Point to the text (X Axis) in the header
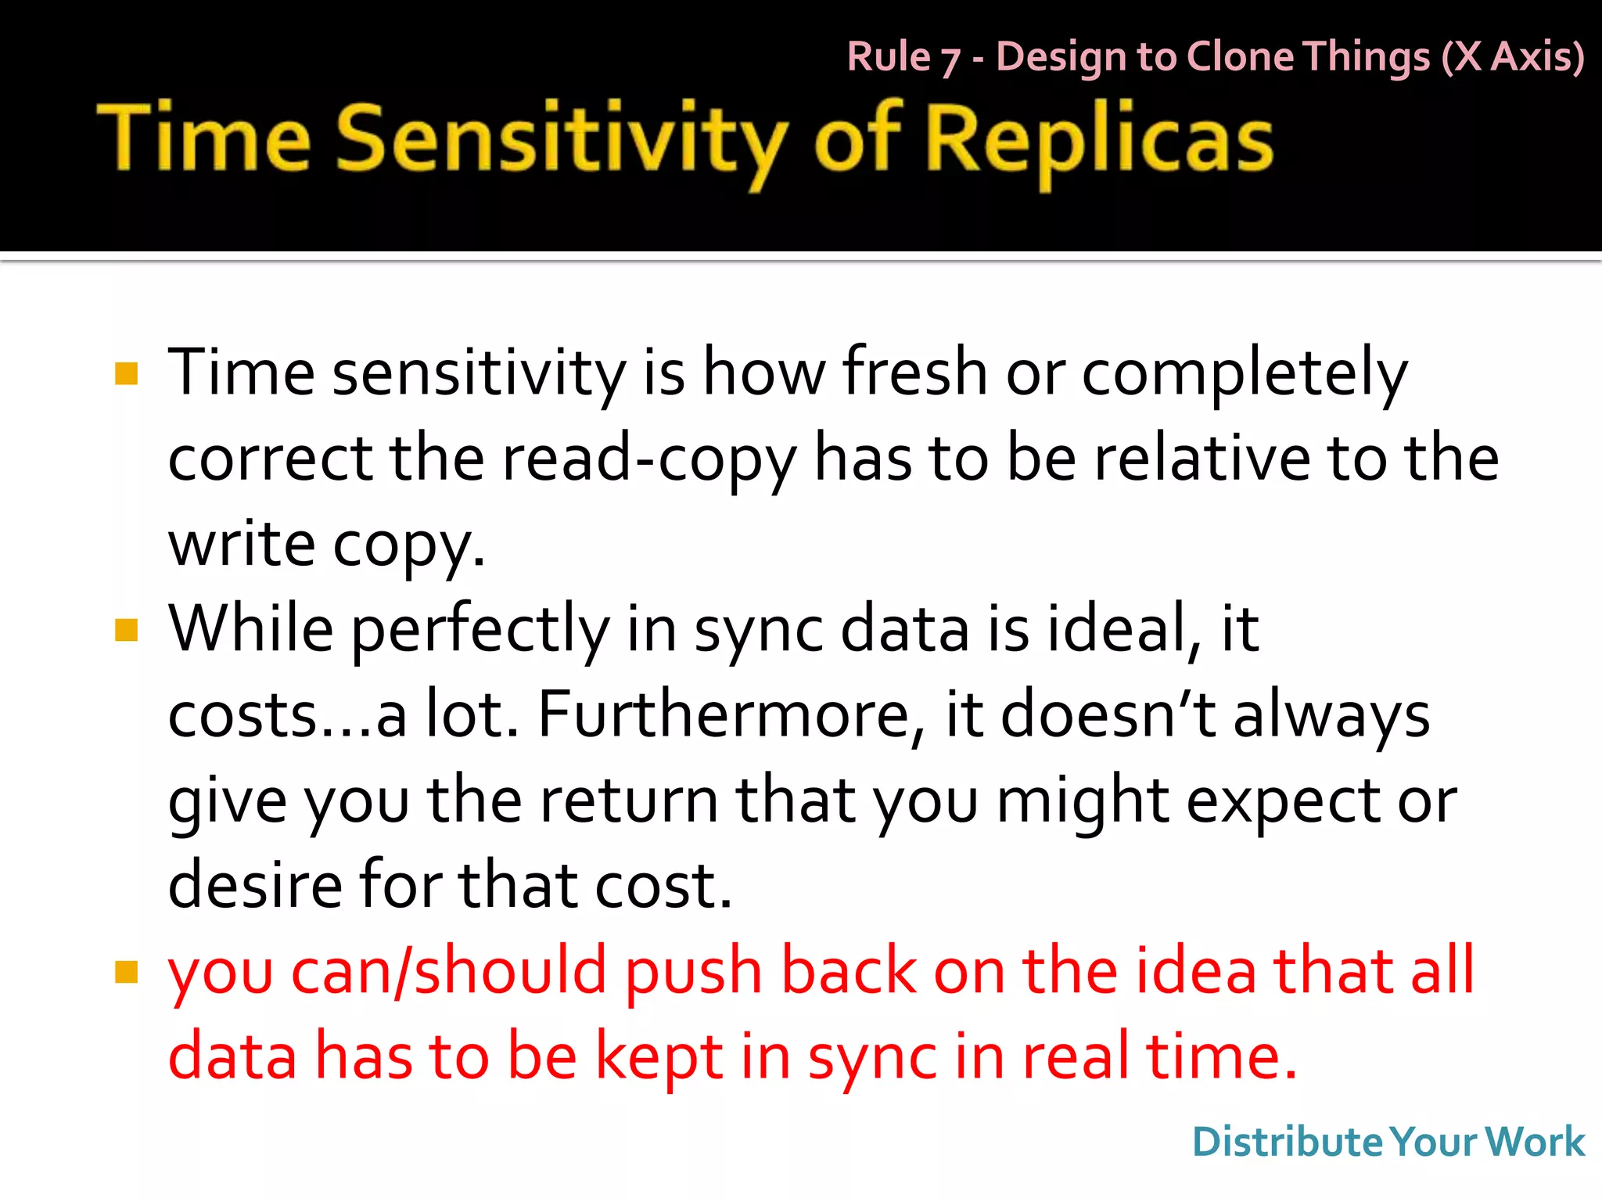[1513, 57]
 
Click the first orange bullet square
[126, 373]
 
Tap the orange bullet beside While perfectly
[126, 630]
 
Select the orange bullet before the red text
[126, 972]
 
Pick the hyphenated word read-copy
[649, 459]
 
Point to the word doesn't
[1108, 714]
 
